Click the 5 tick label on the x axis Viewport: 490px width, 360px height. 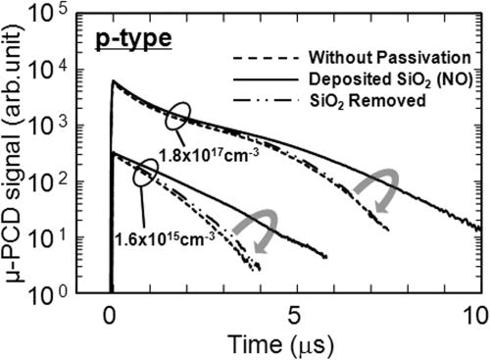pyautogui.click(x=293, y=314)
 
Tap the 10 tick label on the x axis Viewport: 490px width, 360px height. pyautogui.click(x=473, y=314)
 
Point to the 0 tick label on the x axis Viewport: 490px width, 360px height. pyautogui.click(x=110, y=314)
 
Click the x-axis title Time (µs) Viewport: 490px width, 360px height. pyautogui.click(x=292, y=343)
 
